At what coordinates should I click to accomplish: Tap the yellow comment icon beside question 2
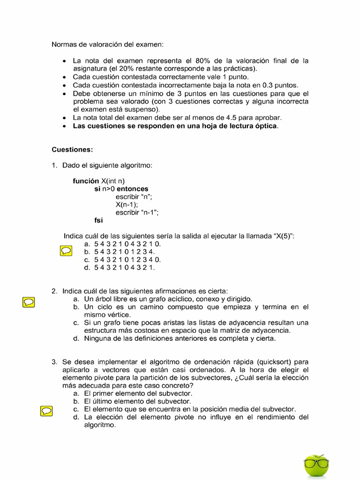28,302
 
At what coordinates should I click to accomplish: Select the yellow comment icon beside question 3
46,411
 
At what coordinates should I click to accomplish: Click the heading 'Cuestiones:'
72,150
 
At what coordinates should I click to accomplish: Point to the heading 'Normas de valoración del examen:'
108,45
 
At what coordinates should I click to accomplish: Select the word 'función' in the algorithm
86,181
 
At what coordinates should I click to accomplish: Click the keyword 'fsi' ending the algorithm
98,220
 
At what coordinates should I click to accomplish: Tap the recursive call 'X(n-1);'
127,204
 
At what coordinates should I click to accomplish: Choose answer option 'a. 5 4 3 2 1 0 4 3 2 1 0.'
122,244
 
